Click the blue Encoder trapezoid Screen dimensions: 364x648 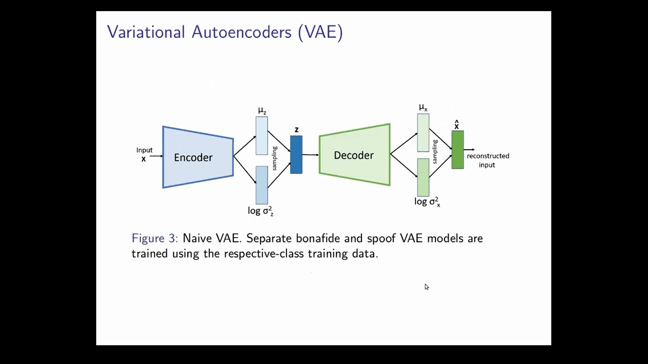[197, 157]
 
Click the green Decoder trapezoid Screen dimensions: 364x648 [354, 155]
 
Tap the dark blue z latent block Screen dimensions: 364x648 [296, 155]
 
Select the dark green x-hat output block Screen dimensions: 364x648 [457, 150]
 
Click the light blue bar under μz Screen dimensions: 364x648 [261, 135]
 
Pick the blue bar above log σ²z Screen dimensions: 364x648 [261, 185]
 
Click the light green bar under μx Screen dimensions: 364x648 [423, 132]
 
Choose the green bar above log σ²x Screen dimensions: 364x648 [423, 177]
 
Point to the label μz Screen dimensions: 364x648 [262, 111]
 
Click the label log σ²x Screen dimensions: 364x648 [427, 202]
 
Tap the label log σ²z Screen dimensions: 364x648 [261, 211]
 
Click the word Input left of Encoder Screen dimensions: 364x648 [144, 150]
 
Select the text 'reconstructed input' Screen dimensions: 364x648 [488, 160]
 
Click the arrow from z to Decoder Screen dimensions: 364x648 [310, 155]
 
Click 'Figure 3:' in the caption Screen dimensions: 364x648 [154, 238]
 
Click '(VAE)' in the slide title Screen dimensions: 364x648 [320, 32]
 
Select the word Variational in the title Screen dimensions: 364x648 [146, 32]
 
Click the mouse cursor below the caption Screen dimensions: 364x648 [426, 287]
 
